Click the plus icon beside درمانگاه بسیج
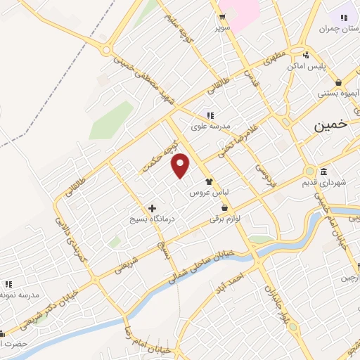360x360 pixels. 152,208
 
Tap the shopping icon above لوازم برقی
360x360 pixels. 224,208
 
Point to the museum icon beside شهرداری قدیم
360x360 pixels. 323,172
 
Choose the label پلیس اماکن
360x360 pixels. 307,67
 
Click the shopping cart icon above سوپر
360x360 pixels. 223,18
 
